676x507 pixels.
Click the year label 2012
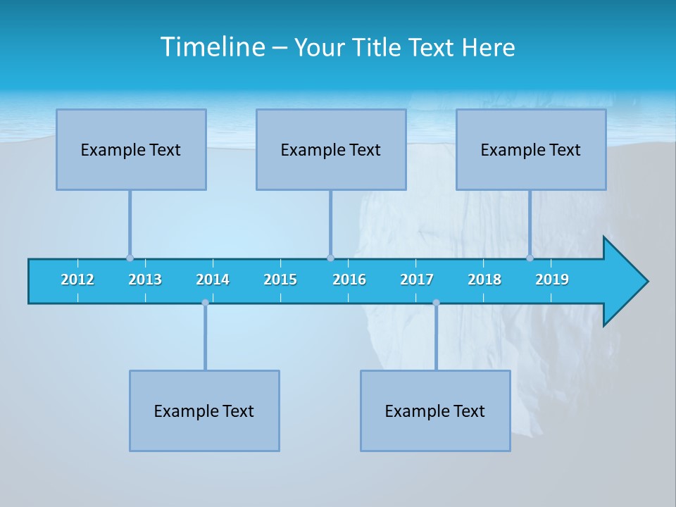(77, 280)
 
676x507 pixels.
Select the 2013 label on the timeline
(145, 280)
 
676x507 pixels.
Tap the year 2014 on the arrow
(213, 280)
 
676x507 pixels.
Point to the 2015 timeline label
(280, 280)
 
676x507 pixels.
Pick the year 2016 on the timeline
(349, 280)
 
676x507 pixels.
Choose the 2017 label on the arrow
(417, 280)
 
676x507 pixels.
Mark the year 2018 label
(484, 280)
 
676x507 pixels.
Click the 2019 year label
(552, 280)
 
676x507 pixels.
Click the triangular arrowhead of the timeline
(624, 282)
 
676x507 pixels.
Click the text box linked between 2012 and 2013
(131, 149)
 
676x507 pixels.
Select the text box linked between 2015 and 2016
(331, 149)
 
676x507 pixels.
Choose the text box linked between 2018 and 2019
(531, 149)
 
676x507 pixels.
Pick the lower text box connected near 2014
(204, 411)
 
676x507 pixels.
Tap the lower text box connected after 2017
(435, 411)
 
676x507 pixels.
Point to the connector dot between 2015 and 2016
(330, 258)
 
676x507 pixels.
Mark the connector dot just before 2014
(205, 303)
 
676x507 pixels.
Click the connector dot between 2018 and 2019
(530, 258)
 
